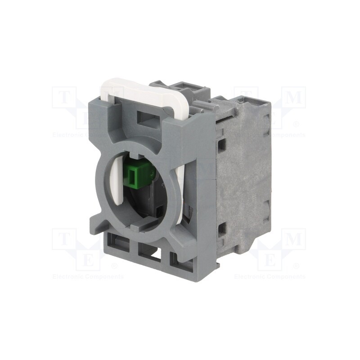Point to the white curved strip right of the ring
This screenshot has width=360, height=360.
(181, 189)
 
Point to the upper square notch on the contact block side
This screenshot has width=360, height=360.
(221, 144)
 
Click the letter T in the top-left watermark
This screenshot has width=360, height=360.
(63, 97)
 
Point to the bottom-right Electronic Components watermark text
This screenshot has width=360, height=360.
(270, 276)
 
